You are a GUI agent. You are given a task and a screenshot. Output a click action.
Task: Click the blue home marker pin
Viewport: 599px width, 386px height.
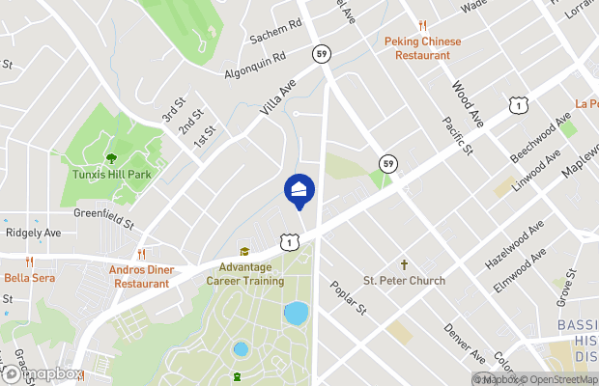pos(299,190)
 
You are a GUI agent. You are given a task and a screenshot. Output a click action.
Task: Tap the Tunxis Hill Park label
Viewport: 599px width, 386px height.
pos(112,175)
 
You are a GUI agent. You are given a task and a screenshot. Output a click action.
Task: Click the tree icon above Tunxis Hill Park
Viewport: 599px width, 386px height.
pos(112,158)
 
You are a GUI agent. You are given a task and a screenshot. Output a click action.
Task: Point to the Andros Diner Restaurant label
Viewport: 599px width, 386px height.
pos(142,276)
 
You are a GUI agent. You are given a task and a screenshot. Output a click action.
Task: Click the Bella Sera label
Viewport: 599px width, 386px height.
pos(30,278)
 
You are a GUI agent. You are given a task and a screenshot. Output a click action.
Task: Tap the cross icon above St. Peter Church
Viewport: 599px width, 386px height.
pos(405,264)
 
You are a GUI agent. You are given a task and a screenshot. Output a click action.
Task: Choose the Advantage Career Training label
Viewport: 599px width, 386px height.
pos(245,274)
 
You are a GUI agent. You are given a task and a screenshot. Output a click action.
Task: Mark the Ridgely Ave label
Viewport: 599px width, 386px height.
pos(33,234)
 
